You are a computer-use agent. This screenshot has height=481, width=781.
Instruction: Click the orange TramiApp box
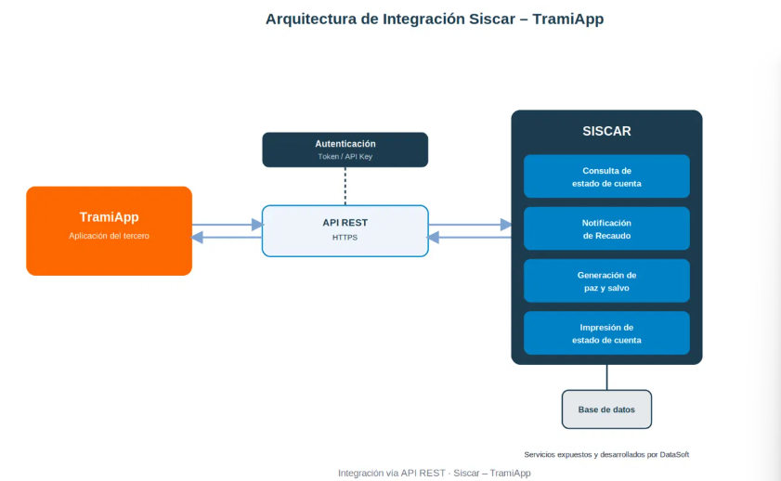click(109, 231)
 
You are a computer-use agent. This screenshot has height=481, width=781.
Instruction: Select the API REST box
click(345, 231)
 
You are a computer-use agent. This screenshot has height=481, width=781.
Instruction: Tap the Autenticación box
click(345, 149)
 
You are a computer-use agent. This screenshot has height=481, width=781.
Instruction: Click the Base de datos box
click(606, 409)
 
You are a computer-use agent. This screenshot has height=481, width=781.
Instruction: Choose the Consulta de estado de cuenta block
click(606, 176)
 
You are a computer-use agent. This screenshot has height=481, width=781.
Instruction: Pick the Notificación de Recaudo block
click(606, 228)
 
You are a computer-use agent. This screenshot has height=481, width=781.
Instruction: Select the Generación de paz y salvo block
click(606, 280)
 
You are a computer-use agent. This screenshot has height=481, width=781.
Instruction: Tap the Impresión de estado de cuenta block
click(606, 333)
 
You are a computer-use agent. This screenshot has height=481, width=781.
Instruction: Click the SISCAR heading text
click(606, 131)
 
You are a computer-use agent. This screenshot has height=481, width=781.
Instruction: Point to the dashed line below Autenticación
click(345, 187)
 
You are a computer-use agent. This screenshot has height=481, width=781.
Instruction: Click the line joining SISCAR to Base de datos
click(606, 377)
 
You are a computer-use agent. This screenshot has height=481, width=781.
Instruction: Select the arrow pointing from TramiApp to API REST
click(228, 225)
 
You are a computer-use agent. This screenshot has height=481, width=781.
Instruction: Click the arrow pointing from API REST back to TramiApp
click(227, 238)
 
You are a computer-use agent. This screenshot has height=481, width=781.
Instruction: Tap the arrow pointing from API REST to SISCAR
click(470, 225)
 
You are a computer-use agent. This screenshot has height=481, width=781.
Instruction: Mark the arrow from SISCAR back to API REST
click(469, 238)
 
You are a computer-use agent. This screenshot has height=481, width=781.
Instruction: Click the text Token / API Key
click(345, 156)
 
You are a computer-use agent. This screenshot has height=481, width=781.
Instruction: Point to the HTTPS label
click(345, 238)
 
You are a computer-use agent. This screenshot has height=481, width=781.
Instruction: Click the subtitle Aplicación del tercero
click(109, 236)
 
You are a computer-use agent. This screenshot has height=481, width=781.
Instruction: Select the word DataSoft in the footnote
click(674, 455)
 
